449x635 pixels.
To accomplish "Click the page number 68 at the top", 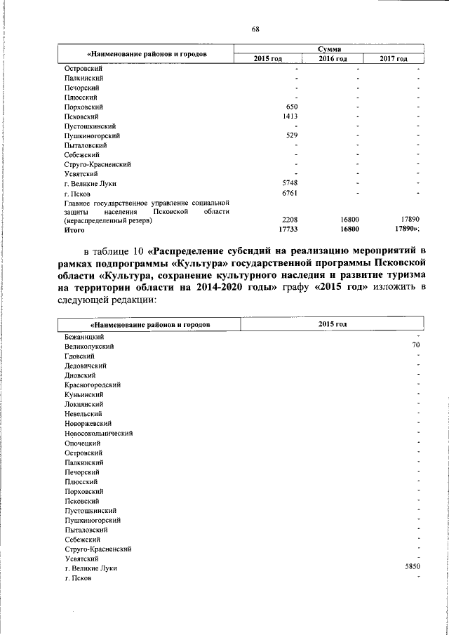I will point(256,29).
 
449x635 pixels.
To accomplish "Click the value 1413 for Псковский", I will point(290,116).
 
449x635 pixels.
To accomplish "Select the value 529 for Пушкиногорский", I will point(293,135).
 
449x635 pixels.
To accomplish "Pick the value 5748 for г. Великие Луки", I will point(290,183).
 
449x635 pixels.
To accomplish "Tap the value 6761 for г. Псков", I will point(290,192).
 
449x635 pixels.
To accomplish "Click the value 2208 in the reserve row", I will point(290,220).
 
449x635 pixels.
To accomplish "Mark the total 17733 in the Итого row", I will point(289,229).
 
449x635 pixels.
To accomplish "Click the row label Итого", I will point(74,229).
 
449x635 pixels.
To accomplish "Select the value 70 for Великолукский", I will point(415,346).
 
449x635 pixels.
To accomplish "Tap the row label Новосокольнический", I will point(98,433).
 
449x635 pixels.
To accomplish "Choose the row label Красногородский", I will point(91,385).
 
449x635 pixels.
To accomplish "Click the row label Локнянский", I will point(83,404).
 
